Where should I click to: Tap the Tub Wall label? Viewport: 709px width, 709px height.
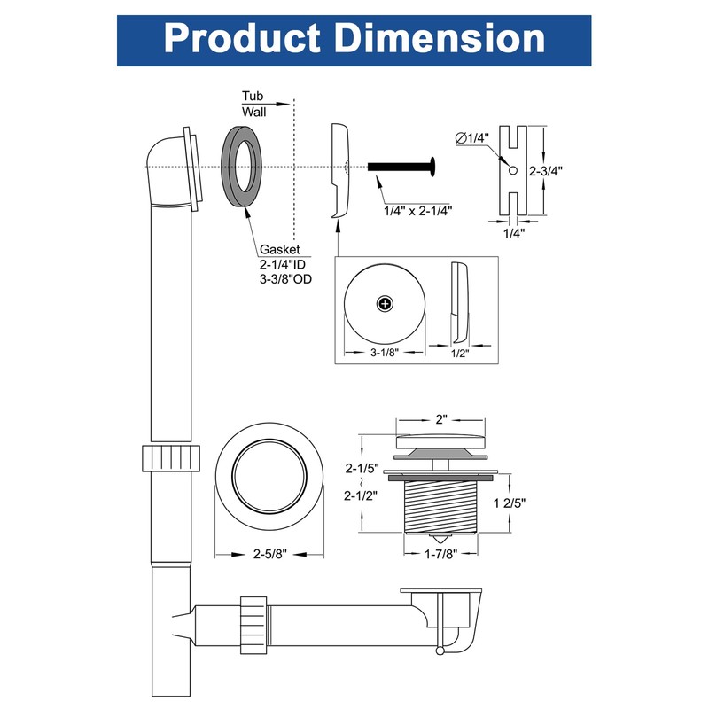pyautogui.click(x=254, y=105)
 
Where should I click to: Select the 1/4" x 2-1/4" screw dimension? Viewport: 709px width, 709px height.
pyautogui.click(x=418, y=210)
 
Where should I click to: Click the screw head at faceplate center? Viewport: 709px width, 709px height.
pyautogui.click(x=384, y=303)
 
